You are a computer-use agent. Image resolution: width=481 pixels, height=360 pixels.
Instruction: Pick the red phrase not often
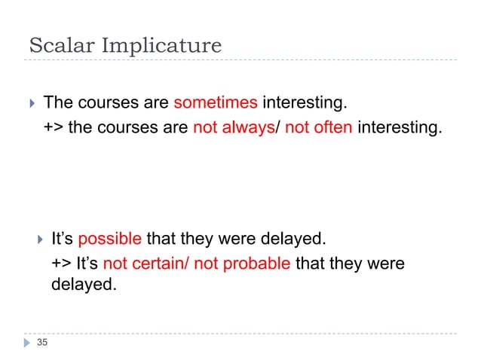319,127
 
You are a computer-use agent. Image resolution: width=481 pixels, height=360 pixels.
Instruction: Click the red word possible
109,239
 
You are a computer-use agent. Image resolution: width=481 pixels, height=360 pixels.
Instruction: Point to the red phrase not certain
145,264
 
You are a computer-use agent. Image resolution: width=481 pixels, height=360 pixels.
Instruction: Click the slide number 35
41,343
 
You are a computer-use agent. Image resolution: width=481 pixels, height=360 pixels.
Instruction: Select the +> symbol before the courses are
54,127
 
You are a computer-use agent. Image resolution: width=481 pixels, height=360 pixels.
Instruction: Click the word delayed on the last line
84,285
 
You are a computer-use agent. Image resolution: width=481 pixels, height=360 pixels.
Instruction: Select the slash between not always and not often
277,127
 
